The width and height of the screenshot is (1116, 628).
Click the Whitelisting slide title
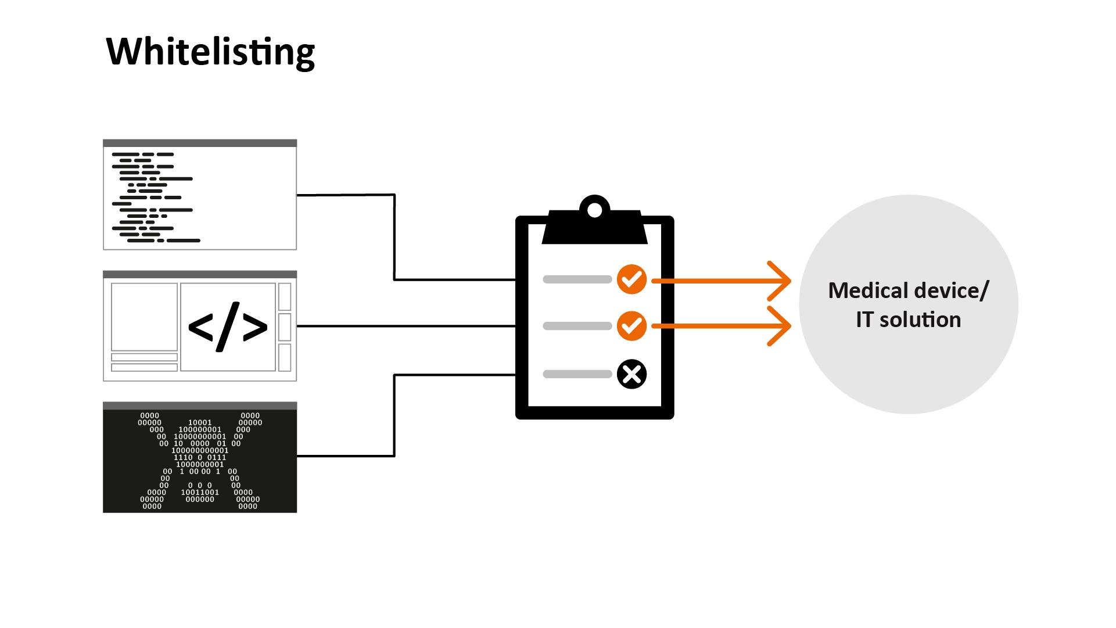point(210,52)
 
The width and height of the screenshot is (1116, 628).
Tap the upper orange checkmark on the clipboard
point(631,279)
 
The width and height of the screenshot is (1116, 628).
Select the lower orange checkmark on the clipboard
point(631,326)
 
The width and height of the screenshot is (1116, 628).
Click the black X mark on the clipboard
point(631,374)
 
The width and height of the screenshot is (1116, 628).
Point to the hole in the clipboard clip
point(594,210)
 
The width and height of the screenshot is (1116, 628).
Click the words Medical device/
point(907,290)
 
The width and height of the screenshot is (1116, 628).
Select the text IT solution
point(908,320)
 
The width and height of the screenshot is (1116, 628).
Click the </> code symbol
point(228,326)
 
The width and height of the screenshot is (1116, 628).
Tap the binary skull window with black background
point(200,461)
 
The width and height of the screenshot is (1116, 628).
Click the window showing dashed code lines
point(200,198)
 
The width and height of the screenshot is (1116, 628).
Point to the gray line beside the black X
point(577,374)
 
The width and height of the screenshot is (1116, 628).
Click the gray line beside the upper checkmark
point(577,279)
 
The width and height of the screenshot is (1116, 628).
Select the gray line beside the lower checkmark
point(577,326)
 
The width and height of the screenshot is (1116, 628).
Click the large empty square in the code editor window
point(144,317)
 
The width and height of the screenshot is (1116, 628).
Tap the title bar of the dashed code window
point(200,143)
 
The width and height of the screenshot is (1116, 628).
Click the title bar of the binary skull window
point(200,405)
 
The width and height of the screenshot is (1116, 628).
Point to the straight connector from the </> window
point(407,326)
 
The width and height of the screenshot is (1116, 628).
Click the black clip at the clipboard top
point(594,229)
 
